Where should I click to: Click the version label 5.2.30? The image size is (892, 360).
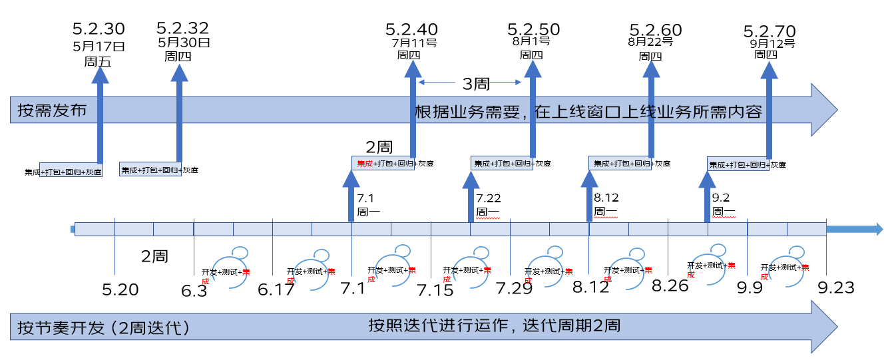[x=99, y=29]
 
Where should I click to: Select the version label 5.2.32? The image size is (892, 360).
[x=182, y=29]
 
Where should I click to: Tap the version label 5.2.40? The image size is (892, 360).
[x=411, y=30]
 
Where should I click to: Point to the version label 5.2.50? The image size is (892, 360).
[x=533, y=30]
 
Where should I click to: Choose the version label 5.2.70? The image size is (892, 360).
[x=769, y=32]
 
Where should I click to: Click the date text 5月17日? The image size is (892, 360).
[x=99, y=47]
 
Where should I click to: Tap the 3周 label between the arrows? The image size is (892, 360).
[x=477, y=84]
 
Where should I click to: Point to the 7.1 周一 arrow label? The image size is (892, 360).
[x=367, y=205]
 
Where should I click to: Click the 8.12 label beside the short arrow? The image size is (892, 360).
[x=606, y=198]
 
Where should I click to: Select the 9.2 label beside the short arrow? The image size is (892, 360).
[x=722, y=198]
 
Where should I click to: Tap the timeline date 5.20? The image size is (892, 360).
[x=120, y=290]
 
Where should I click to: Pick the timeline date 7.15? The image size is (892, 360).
[x=435, y=290]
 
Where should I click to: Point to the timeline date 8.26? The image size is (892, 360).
[x=670, y=287]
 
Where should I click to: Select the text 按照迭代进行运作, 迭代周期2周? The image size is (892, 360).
[x=495, y=326]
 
